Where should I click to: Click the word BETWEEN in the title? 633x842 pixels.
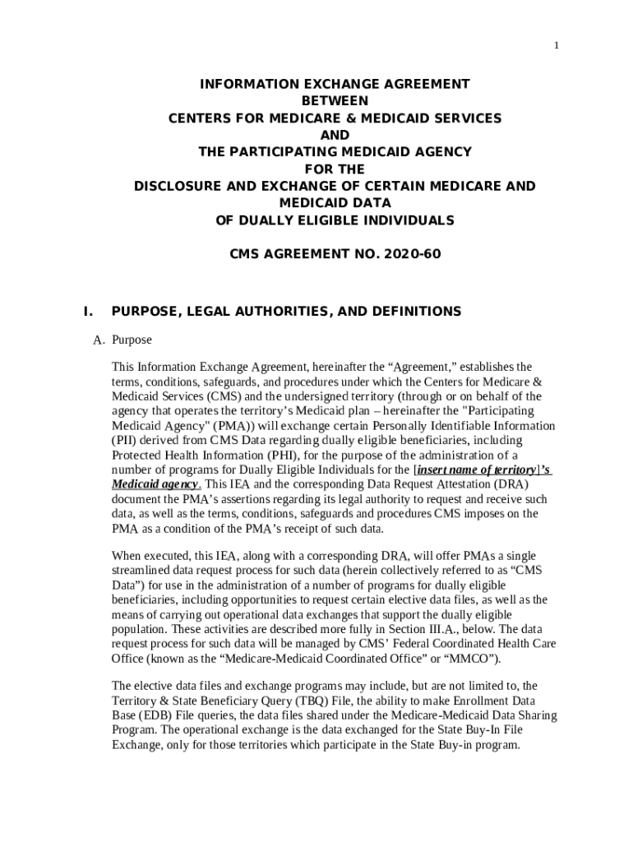pos(335,101)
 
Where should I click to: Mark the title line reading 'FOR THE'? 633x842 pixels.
pos(334,169)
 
